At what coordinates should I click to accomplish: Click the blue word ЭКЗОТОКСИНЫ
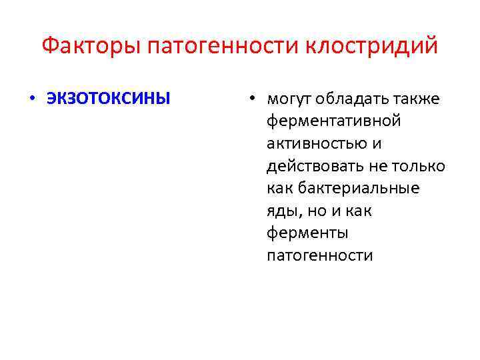coord(108,99)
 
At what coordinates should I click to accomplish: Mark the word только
coord(423,166)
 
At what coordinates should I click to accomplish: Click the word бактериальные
coord(359,189)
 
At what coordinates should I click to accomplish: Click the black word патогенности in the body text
coord(320,256)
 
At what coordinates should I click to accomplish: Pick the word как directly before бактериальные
coord(280,189)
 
